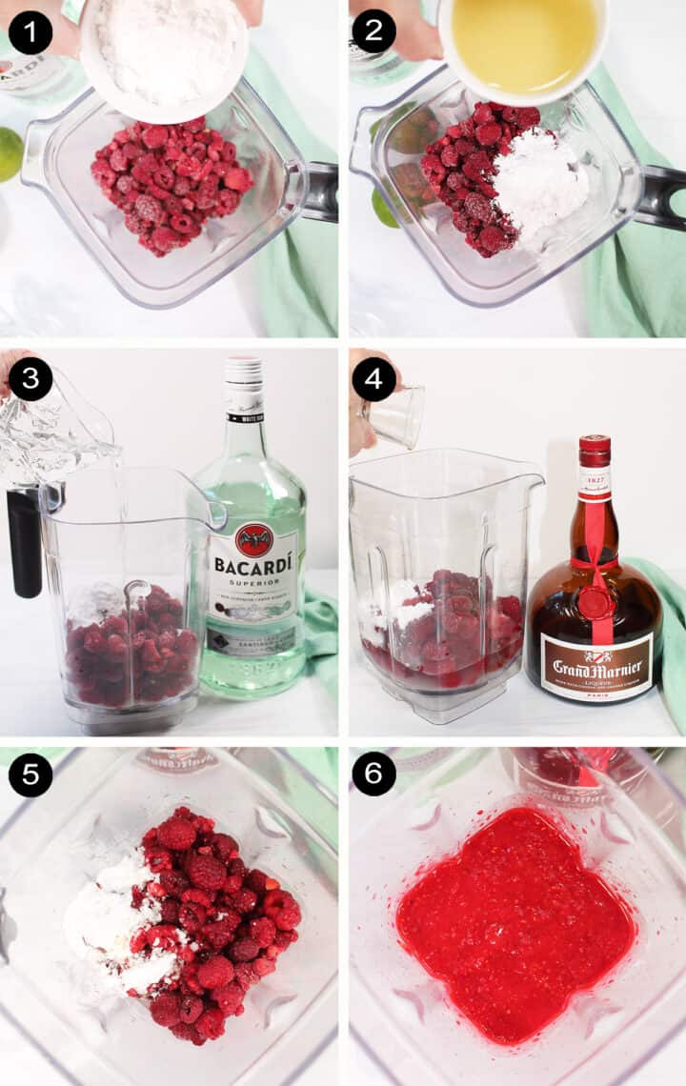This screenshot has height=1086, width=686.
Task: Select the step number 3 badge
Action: point(30,379)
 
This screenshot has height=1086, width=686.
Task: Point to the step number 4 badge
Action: point(373,379)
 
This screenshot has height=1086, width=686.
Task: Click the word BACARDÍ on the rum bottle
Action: point(252,566)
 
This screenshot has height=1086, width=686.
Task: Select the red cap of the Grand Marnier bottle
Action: point(595,450)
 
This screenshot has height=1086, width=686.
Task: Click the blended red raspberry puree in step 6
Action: point(514,919)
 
